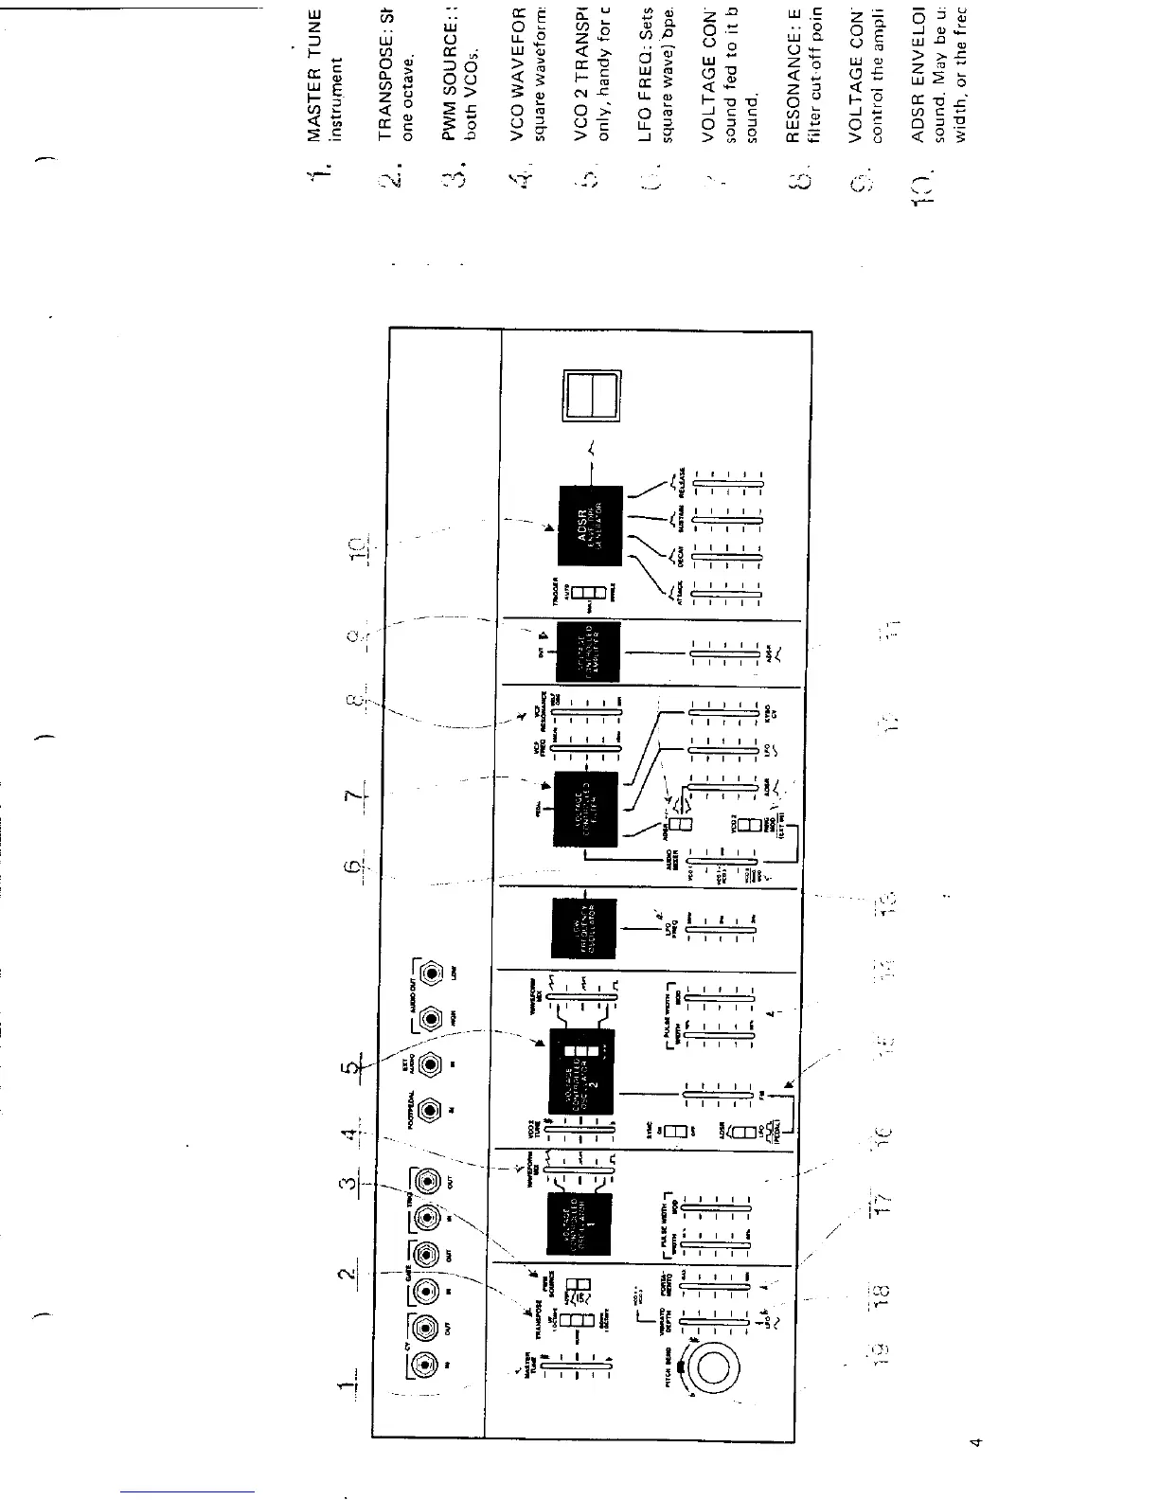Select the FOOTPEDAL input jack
click(431, 1109)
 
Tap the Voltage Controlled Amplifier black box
click(588, 652)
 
